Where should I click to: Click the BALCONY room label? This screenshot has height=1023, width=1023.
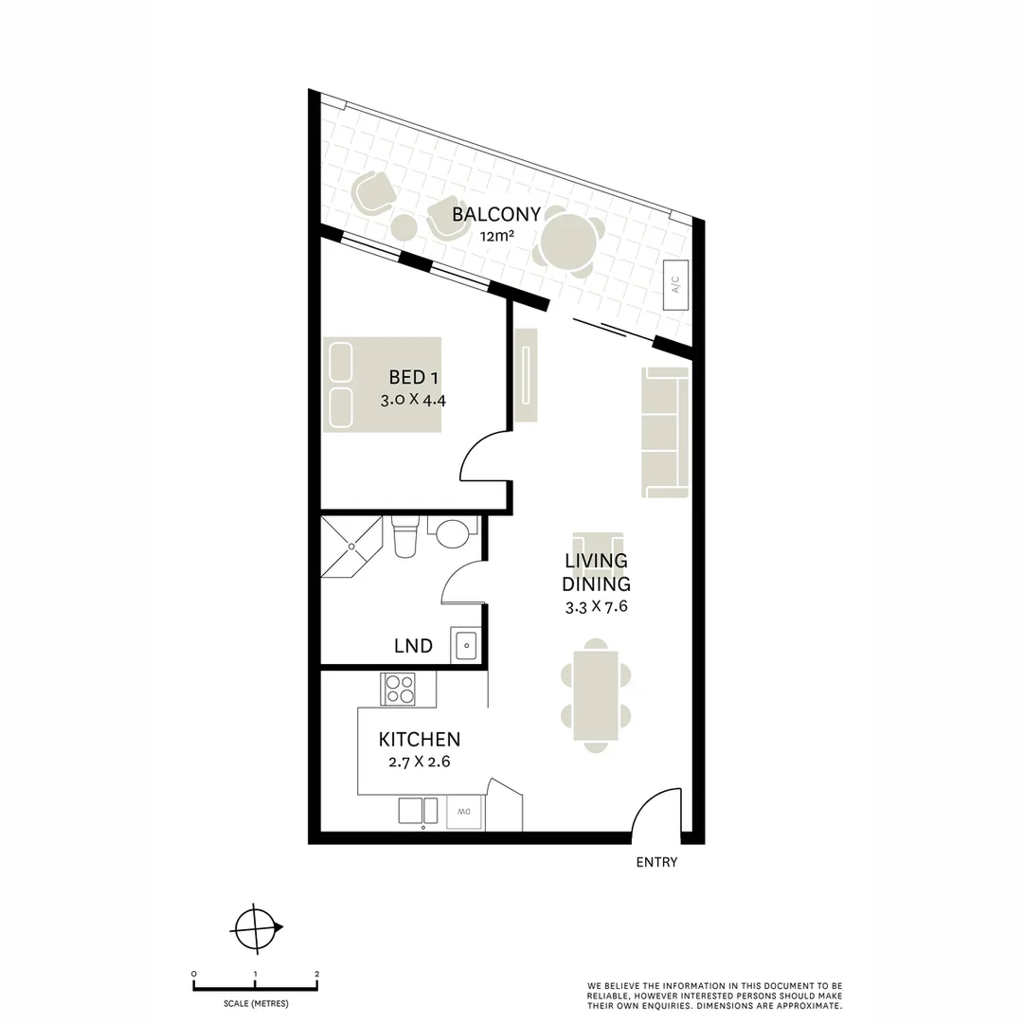tap(495, 214)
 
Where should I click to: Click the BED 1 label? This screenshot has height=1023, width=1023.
tap(413, 377)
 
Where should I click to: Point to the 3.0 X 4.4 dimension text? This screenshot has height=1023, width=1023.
tap(413, 400)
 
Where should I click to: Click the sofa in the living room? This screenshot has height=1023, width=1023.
tap(665, 431)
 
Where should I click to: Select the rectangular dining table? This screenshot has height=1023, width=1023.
tap(596, 695)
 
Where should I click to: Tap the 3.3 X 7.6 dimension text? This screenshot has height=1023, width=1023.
tap(597, 607)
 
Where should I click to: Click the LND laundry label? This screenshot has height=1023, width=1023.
tap(413, 646)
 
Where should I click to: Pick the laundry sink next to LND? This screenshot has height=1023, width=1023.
tap(466, 646)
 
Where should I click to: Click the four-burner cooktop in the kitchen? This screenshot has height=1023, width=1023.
tap(398, 688)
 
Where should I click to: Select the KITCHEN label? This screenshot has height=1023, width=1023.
tap(419, 739)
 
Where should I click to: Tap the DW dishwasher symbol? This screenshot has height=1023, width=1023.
tap(464, 812)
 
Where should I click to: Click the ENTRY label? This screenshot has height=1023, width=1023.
tap(656, 862)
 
